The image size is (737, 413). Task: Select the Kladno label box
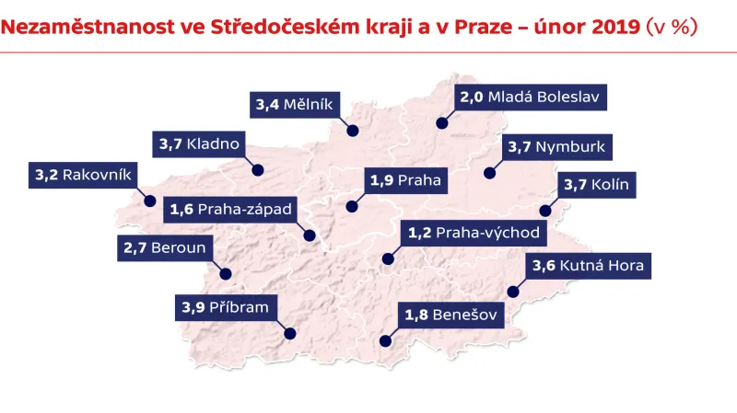click(x=199, y=143)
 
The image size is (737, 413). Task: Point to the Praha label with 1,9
click(x=405, y=181)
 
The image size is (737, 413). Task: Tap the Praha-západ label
click(x=230, y=210)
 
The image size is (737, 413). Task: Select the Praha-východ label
click(x=474, y=233)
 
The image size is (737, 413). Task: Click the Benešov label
click(x=451, y=317)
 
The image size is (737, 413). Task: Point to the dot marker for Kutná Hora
click(x=513, y=293)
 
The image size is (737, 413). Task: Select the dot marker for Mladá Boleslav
click(x=442, y=122)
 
